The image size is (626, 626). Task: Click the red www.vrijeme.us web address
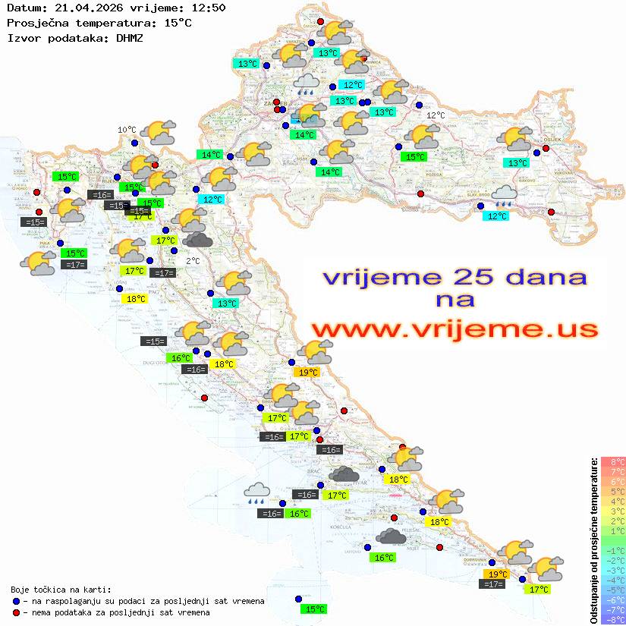pos(455,329)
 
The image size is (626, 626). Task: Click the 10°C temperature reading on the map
pos(127,130)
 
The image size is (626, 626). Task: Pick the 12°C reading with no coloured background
pos(435,115)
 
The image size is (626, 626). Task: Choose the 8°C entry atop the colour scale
pos(612,462)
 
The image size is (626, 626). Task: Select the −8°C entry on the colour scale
pos(612,619)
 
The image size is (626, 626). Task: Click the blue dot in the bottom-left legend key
pos(16,600)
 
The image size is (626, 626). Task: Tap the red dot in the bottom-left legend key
pos(16,612)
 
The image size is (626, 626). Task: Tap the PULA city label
pos(46,243)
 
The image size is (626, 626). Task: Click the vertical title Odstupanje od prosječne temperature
pos(594,540)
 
